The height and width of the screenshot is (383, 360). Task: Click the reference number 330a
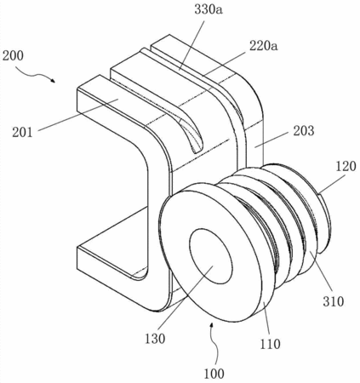(209, 9)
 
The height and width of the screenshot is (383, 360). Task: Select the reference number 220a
(264, 45)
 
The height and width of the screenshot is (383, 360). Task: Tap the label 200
(13, 55)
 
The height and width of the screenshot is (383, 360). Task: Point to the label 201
(22, 132)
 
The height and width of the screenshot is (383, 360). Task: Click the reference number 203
(304, 131)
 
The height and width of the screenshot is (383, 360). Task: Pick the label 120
(346, 166)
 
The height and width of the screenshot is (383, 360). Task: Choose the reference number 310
(334, 301)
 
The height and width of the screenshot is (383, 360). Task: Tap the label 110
(270, 344)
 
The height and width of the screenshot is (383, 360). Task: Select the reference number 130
(155, 339)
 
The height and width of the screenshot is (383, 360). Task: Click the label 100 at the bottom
(214, 374)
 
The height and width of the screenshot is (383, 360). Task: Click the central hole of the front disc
(211, 256)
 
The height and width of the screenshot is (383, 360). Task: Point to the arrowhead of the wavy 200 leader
(53, 81)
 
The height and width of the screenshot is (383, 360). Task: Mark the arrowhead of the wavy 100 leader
(211, 324)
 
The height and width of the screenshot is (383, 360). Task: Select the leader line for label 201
(78, 115)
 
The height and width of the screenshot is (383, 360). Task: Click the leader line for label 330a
(191, 44)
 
